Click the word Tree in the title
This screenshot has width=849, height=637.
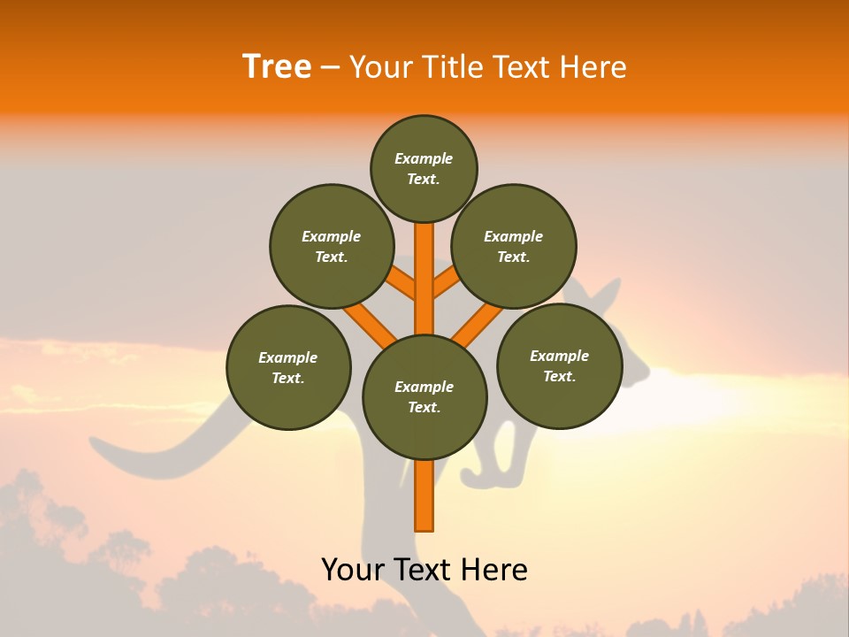click(277, 66)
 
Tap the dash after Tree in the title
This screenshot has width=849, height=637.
click(330, 68)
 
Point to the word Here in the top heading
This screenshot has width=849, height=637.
click(593, 67)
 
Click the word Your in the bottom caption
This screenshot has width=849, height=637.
click(353, 570)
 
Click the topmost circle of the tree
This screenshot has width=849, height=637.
click(424, 168)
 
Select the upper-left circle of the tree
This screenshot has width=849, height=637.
click(331, 246)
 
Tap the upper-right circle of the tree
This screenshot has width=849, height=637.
click(514, 246)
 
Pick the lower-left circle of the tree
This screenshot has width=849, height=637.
click(288, 367)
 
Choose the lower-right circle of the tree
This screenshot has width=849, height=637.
click(559, 365)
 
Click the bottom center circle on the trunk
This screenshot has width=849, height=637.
click(424, 396)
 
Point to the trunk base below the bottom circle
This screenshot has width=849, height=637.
click(424, 495)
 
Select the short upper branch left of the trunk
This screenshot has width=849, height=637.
click(402, 285)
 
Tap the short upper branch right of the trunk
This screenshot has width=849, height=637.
click(447, 284)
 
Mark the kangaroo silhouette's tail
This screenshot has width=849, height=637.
click(159, 451)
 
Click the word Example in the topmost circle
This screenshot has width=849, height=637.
click(424, 158)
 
